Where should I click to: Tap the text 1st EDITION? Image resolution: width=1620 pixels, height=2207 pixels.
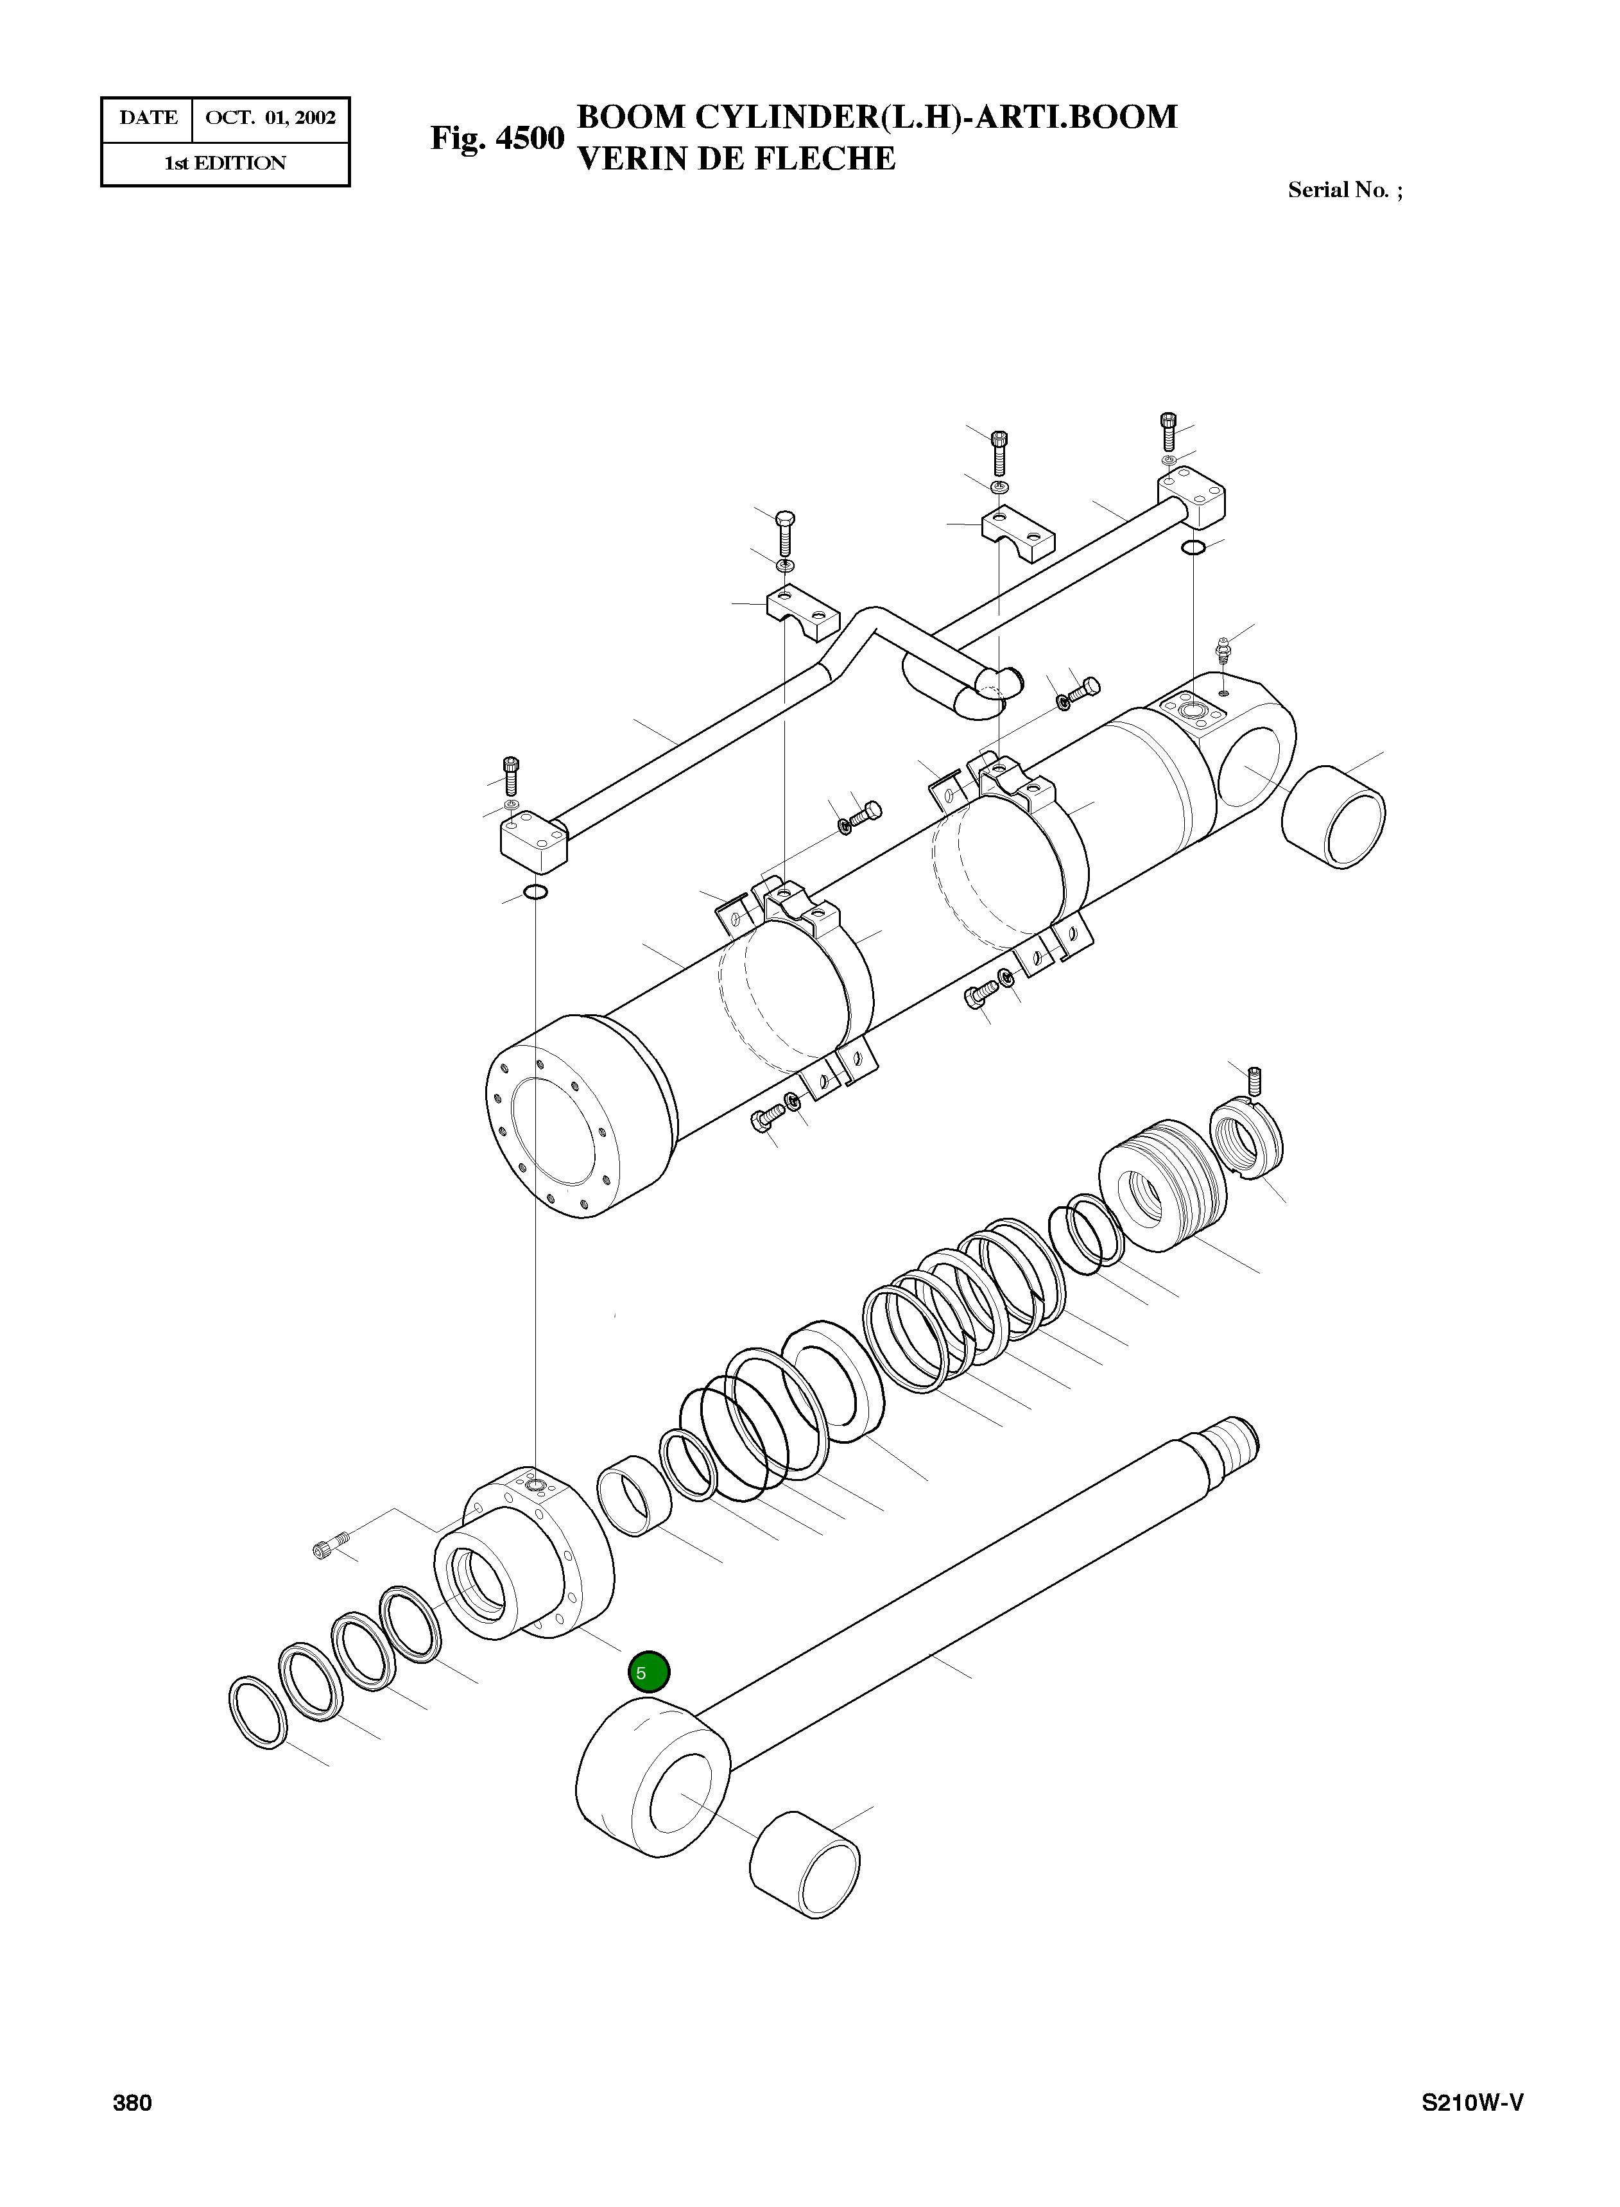click(x=225, y=164)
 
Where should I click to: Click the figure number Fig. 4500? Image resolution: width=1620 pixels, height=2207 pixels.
click(x=497, y=138)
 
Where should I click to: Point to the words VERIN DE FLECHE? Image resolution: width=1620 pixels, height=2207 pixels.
click(x=736, y=159)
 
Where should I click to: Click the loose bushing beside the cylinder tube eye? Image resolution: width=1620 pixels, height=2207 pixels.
click(x=1334, y=816)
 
